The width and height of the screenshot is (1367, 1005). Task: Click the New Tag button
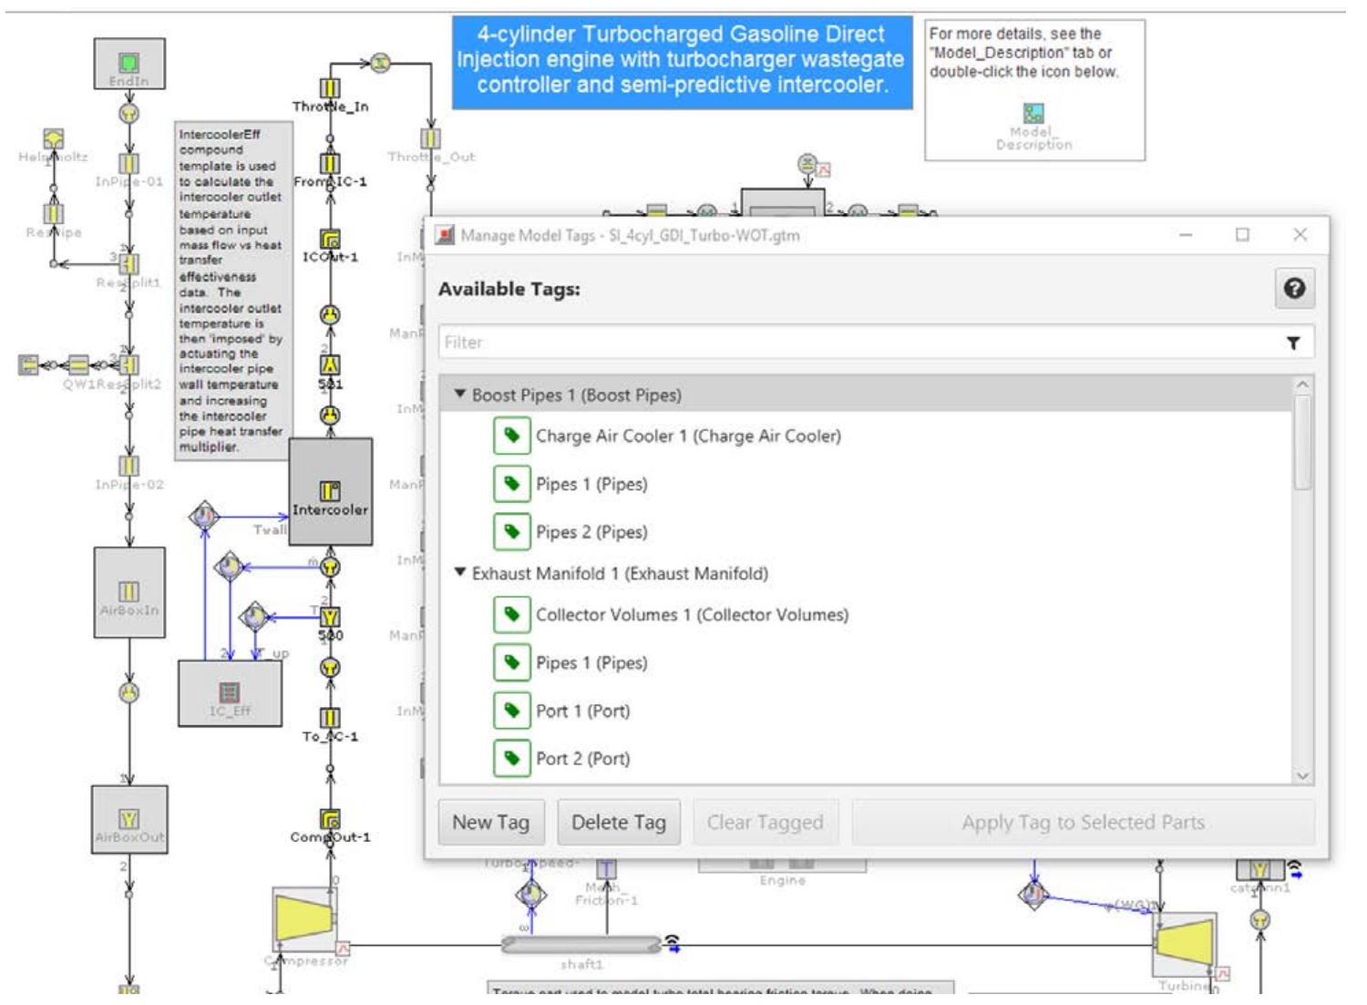[490, 823]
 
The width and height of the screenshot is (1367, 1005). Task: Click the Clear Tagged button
[765, 823]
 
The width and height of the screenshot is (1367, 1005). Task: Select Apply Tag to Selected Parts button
[1083, 823]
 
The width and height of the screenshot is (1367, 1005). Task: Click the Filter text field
[857, 343]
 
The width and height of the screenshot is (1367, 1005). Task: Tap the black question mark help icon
[1293, 289]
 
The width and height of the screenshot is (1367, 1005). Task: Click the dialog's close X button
[1300, 235]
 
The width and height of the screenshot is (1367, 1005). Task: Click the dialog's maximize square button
[1242, 235]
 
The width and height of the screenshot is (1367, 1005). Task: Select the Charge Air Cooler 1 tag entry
[687, 436]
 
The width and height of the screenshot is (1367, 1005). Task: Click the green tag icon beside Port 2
[511, 758]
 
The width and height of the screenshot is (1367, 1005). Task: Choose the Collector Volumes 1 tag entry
[691, 615]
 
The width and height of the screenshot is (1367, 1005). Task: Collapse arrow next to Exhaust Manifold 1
[460, 573]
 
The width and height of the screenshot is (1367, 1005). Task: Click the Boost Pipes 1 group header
[576, 395]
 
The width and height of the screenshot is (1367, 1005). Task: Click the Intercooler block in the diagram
[330, 492]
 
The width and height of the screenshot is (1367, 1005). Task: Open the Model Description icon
[1033, 114]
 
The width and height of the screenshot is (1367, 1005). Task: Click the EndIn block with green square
[129, 63]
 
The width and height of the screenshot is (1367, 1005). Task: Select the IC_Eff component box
[230, 693]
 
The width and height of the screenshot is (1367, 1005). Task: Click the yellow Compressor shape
[303, 917]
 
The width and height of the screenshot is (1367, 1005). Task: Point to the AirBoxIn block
[129, 592]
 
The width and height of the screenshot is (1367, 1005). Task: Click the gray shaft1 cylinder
[581, 945]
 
